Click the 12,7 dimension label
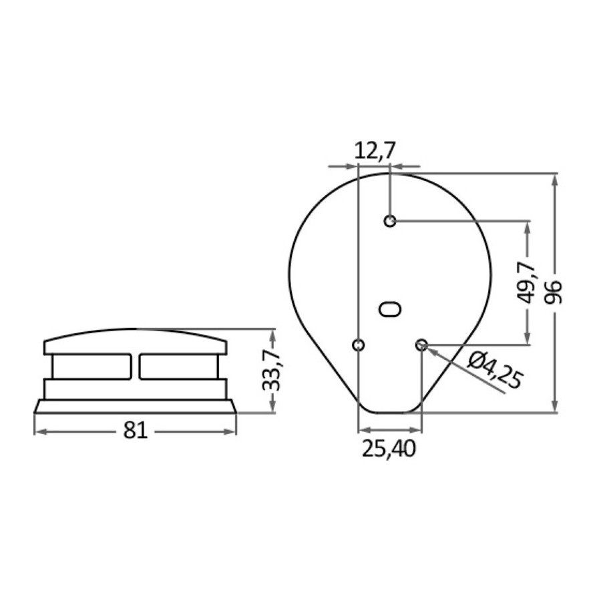374,151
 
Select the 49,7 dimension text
530,282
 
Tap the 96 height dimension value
554,292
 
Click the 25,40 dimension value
389,449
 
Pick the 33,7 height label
271,370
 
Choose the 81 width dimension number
136,431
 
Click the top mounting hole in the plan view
390,221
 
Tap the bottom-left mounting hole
358,345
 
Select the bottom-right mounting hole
421,345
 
